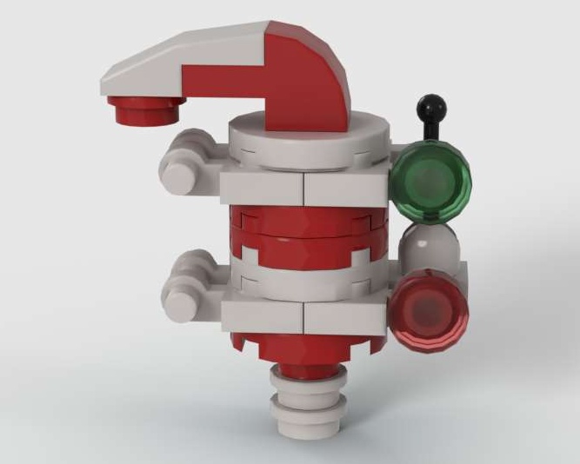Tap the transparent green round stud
(430, 180)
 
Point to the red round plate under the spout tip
(144, 110)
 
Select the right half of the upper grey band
(343, 189)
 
